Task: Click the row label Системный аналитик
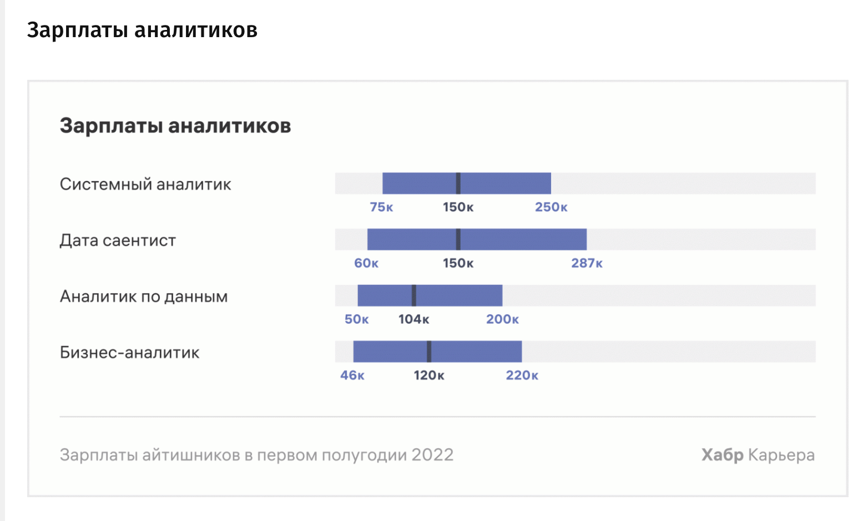coord(145,184)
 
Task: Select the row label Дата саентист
coord(118,241)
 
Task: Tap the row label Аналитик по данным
coord(144,297)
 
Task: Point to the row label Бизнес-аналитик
coord(129,353)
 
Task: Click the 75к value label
coord(381,207)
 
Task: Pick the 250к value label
coord(551,207)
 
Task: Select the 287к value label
coord(587,263)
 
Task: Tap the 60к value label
coord(366,263)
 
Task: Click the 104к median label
coord(413,319)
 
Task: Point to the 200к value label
coord(502,319)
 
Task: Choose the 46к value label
coord(352,375)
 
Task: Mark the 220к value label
coord(522,375)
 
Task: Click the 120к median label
coord(429,375)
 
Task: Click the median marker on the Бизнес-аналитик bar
coord(429,351)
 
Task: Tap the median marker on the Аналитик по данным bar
coord(414,295)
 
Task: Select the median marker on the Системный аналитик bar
coord(458,183)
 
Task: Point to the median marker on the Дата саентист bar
coord(458,239)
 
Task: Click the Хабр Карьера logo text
coord(758,455)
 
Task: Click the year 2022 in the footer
coord(432,455)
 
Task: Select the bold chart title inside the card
coord(175,126)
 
